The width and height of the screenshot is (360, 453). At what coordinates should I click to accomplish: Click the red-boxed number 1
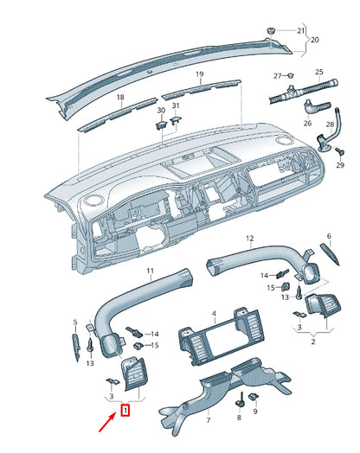click(125, 411)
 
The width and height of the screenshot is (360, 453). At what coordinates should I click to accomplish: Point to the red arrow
click(108, 423)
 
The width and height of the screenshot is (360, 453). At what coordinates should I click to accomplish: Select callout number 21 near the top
click(301, 30)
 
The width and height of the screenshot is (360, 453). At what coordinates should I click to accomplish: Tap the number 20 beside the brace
click(315, 40)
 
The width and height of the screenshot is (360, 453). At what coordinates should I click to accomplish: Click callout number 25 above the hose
click(319, 72)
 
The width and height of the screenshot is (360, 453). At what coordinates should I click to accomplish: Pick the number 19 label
click(200, 74)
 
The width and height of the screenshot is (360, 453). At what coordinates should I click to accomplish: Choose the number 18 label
click(120, 97)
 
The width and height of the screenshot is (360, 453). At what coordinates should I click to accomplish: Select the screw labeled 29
click(340, 151)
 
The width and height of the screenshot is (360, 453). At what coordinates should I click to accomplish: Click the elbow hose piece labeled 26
click(316, 107)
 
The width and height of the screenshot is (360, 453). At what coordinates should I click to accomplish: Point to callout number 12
click(250, 239)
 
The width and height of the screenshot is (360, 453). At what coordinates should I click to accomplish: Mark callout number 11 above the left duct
click(150, 271)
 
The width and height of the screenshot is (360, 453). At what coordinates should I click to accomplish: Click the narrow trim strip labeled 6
click(330, 254)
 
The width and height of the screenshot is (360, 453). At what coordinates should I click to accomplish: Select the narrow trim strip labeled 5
click(76, 348)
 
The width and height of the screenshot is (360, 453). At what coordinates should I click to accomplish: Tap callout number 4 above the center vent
click(214, 314)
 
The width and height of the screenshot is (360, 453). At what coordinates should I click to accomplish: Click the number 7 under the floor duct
click(209, 420)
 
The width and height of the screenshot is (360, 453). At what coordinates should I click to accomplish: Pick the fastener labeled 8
click(240, 400)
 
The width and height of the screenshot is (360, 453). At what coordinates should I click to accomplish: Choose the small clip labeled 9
click(254, 398)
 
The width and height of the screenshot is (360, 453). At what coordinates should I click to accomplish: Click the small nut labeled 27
click(290, 76)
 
